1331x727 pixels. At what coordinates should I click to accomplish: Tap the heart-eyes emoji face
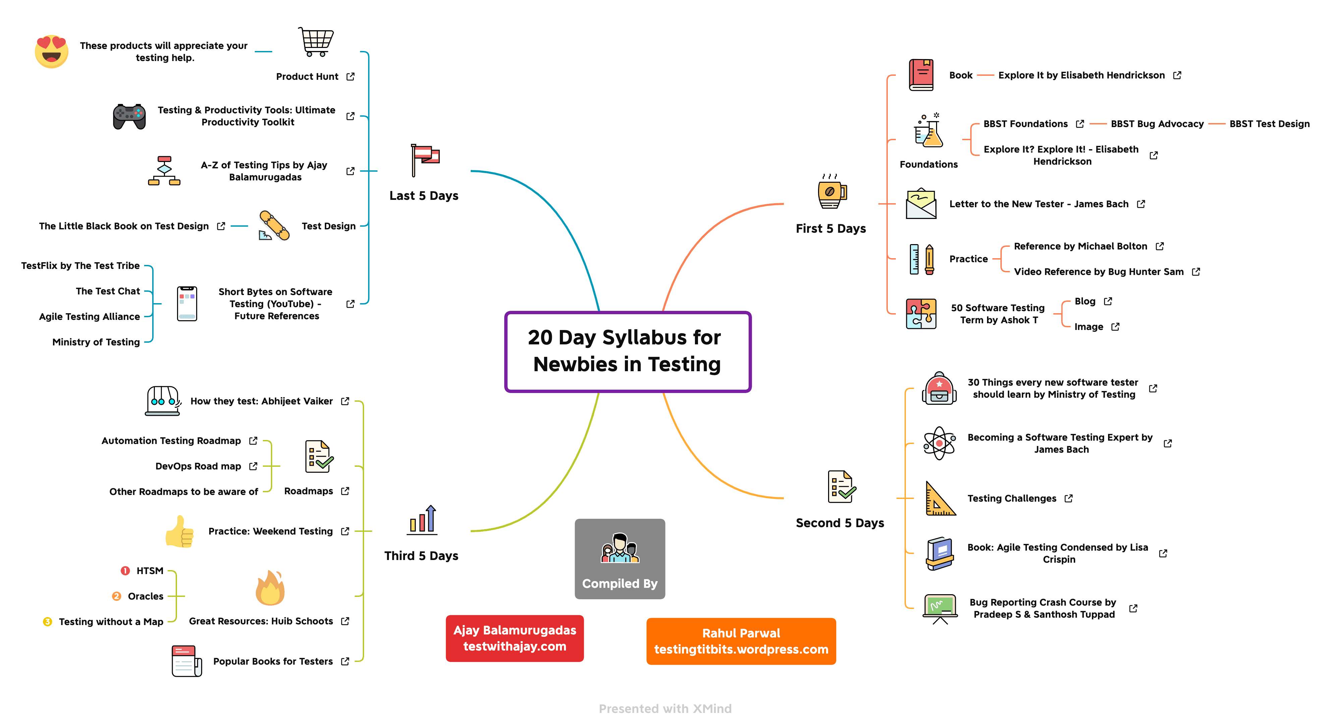pos(52,51)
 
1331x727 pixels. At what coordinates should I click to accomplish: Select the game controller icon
pos(129,116)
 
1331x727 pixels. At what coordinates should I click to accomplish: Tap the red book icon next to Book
pos(921,75)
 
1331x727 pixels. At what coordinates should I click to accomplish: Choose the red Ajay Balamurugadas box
pos(515,638)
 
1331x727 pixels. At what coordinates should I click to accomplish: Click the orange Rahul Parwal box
pos(741,641)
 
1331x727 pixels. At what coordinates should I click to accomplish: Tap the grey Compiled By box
pos(620,559)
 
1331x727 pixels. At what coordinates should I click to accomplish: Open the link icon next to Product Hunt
pos(350,76)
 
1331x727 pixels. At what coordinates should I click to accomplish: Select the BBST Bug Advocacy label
pos(1157,124)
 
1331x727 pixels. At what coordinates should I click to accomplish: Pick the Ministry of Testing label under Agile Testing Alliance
pos(96,342)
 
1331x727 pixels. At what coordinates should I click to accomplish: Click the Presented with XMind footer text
pos(665,709)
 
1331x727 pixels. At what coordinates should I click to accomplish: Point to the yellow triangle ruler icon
pos(940,499)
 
